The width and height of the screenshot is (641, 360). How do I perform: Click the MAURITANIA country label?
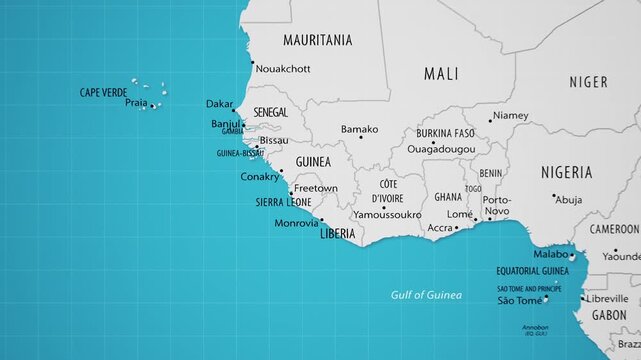318,41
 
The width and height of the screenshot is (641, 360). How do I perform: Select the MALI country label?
441,74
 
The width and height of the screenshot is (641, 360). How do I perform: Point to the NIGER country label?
588,82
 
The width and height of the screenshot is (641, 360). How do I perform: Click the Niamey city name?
511,115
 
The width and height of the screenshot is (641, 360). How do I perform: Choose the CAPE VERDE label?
103,93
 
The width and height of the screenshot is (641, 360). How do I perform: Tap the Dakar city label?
219,104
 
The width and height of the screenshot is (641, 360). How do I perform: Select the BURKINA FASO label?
446,133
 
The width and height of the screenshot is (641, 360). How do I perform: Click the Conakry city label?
260,177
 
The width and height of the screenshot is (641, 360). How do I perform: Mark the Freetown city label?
316,188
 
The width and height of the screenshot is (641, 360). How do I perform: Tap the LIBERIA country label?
337,234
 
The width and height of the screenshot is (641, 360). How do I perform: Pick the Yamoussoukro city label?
386,215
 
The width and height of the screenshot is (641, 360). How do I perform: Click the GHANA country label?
447,198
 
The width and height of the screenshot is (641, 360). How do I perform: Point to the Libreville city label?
607,298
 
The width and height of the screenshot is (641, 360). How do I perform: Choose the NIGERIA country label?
567,172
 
